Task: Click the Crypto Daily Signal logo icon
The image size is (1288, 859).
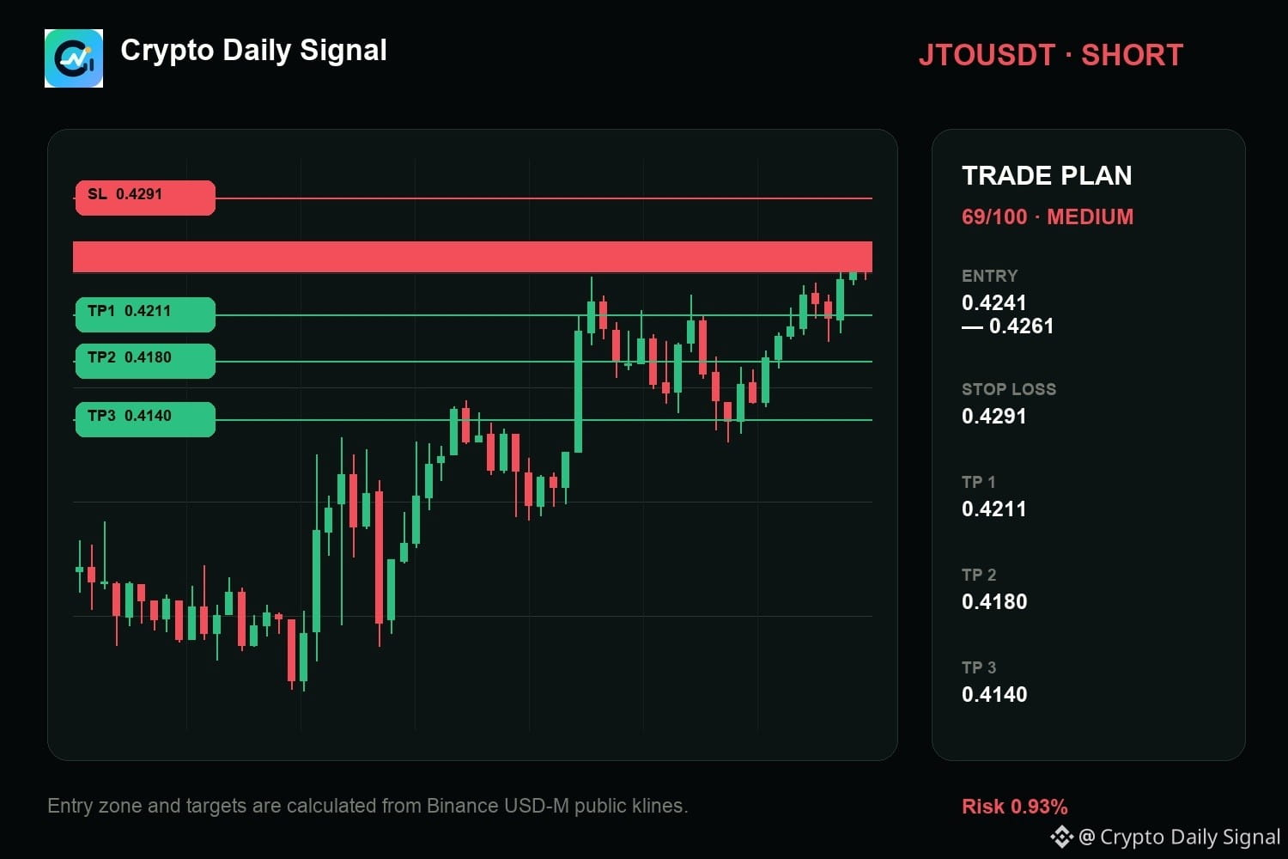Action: point(74,58)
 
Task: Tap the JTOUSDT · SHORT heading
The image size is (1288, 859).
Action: point(1050,55)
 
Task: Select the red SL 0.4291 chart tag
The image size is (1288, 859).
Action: point(145,198)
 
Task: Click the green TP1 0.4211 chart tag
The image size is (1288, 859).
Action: point(145,314)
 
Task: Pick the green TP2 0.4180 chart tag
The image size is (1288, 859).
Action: point(145,361)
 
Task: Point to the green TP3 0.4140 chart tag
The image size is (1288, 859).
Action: point(145,419)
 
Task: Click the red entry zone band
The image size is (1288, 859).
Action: point(472,257)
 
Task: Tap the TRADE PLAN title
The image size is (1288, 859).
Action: point(1047,175)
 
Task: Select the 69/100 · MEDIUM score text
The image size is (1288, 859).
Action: point(1048,217)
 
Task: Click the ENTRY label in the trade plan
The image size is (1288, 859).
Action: point(989,277)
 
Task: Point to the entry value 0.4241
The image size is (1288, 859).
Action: point(993,302)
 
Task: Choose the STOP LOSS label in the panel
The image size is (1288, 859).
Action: point(1009,389)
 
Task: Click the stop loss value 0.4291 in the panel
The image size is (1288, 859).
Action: point(993,416)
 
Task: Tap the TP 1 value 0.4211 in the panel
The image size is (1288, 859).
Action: point(993,509)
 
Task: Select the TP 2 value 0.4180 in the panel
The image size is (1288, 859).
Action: point(994,601)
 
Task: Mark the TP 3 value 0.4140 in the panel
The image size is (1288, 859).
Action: point(994,694)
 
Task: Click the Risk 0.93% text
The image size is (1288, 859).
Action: point(1014,807)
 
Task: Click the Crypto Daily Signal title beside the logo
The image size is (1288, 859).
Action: point(253,51)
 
